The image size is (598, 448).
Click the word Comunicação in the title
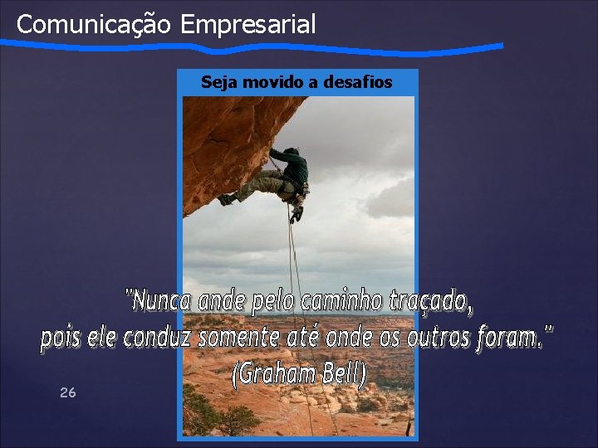94,24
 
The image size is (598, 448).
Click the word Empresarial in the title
248,24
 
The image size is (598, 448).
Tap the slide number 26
68,392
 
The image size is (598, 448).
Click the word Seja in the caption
219,82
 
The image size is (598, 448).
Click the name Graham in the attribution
274,375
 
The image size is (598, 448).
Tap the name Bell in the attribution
341,375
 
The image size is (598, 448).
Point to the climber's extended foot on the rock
225,199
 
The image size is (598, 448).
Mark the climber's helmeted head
292,153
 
